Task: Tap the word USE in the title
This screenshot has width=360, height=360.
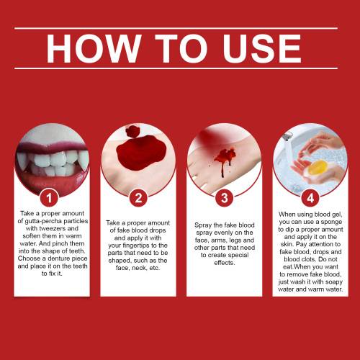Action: [262, 48]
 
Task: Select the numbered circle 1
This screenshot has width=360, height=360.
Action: [49, 198]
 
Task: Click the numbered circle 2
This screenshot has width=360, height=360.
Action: [138, 198]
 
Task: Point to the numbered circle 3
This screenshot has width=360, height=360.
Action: [225, 198]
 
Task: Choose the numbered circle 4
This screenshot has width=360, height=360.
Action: [310, 198]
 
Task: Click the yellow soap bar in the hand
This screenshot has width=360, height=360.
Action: [317, 168]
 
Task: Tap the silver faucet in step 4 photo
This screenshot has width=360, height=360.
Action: [287, 136]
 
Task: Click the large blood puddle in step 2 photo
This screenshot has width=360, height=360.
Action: [141, 153]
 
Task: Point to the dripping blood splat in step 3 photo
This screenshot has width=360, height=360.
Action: [225, 161]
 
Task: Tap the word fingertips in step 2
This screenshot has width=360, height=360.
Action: [138, 246]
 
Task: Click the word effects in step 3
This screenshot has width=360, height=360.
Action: [225, 263]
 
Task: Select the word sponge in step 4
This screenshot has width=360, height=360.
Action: [331, 222]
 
